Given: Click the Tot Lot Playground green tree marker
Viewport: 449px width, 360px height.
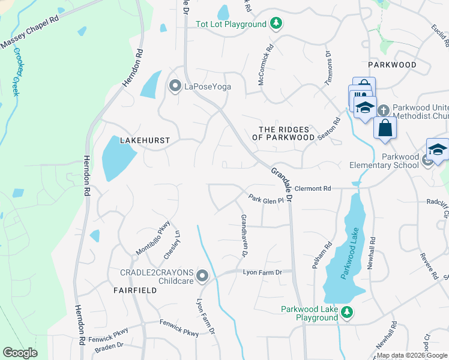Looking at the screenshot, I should click(x=276, y=24).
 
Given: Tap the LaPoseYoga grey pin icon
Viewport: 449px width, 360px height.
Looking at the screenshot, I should click(x=175, y=87).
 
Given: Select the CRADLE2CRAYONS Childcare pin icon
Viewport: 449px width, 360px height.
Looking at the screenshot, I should click(x=203, y=277).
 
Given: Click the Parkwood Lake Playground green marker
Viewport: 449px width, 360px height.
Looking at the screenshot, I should click(x=346, y=312).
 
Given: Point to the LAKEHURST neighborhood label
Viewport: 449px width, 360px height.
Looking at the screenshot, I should click(x=145, y=140).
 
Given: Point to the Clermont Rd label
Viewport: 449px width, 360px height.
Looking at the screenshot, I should click(x=313, y=188).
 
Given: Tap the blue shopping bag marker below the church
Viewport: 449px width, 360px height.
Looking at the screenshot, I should click(x=384, y=128).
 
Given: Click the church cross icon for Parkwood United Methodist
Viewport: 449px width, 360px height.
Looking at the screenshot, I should click(x=385, y=109).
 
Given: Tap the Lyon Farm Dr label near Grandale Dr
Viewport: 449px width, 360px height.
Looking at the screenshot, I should click(x=262, y=272).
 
